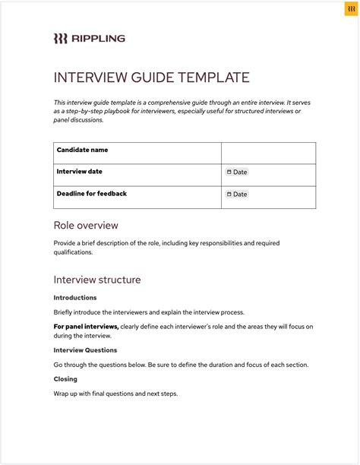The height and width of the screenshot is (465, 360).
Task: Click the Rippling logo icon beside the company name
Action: [x=61, y=39]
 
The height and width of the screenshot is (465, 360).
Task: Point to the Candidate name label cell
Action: [x=82, y=150]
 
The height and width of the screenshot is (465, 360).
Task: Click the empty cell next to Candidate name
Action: [x=268, y=153]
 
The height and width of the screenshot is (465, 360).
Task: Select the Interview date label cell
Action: [x=79, y=172]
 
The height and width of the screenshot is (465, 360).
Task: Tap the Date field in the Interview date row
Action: [x=237, y=172]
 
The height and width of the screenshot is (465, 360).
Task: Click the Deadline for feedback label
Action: [x=91, y=194]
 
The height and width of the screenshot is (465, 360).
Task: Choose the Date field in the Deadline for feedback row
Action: [x=237, y=195]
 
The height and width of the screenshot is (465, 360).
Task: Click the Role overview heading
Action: [x=86, y=226]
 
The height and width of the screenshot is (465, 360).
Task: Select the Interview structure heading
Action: [x=97, y=280]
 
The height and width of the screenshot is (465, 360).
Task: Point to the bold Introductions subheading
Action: [x=75, y=298]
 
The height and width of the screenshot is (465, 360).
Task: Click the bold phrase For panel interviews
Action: [x=86, y=327]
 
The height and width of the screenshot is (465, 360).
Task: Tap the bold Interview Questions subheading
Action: [x=85, y=350]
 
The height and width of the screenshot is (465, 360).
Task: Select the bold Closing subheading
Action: [x=65, y=378]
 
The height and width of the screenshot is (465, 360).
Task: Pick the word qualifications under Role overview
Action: [x=72, y=252]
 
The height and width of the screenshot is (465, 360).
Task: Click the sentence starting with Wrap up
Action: [x=115, y=394]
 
